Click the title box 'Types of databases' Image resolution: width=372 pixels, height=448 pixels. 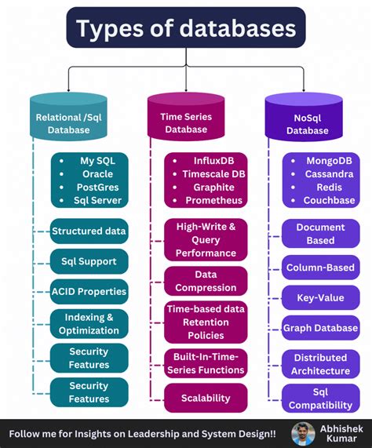point(185,30)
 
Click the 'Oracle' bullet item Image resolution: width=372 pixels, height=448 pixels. point(97,174)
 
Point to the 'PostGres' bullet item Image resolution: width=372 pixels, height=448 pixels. point(97,188)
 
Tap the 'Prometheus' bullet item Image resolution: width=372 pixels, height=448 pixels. point(213,201)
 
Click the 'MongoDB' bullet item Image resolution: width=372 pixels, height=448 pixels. point(329,161)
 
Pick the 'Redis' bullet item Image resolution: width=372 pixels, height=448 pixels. point(329,188)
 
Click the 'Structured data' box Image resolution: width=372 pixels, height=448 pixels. point(89,231)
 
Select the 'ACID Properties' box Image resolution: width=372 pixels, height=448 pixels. point(89,291)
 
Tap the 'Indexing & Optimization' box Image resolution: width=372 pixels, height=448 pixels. point(89,324)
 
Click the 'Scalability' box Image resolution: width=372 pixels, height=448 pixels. point(206,398)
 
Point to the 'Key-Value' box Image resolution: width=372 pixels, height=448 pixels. point(320,298)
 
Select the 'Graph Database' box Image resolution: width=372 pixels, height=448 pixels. point(320,328)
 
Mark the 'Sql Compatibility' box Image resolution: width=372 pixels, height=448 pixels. point(320,399)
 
